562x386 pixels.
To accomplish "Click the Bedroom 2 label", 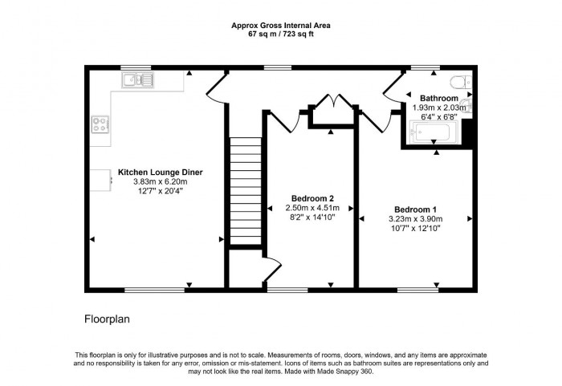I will click(x=312, y=198).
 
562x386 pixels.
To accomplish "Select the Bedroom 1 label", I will click(x=415, y=208).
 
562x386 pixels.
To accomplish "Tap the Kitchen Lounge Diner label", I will click(x=160, y=172).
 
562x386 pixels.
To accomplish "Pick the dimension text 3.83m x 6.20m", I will click(x=160, y=181).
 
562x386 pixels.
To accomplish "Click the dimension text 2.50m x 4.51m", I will click(x=312, y=208).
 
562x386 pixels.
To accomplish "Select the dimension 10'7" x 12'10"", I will click(x=415, y=227).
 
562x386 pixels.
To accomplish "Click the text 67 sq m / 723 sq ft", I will click(x=280, y=34).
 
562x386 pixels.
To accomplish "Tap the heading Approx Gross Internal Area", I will click(x=280, y=25).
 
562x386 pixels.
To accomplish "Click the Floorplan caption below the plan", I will click(x=107, y=319).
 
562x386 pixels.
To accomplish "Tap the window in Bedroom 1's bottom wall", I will click(x=414, y=290).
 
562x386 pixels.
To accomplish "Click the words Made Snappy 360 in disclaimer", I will click(x=347, y=372).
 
